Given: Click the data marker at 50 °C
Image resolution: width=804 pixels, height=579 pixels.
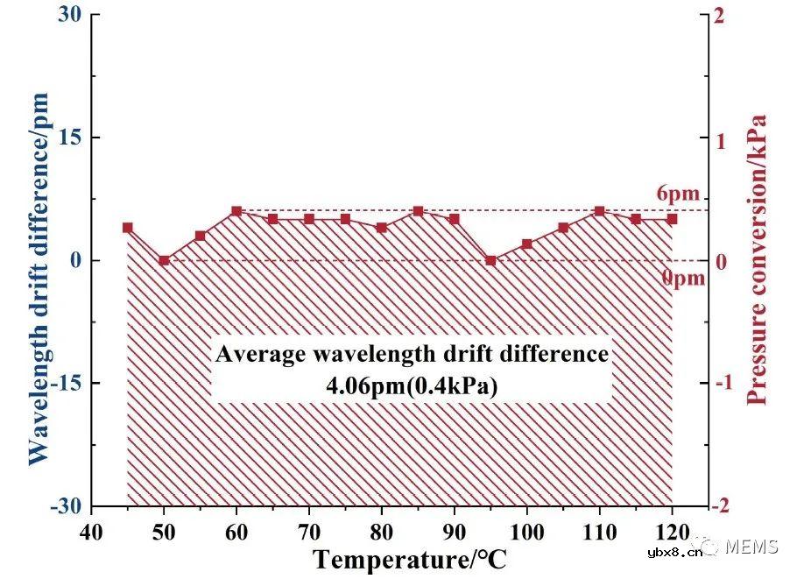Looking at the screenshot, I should tap(164, 260).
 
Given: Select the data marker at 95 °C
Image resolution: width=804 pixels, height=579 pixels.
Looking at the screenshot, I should tap(490, 260).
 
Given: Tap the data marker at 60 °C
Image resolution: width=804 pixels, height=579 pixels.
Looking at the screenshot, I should tap(236, 211).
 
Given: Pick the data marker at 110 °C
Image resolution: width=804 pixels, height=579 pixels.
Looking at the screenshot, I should tap(599, 211).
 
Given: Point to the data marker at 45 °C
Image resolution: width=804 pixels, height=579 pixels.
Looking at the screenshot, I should tap(128, 228).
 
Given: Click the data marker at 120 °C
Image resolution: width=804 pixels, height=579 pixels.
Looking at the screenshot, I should tap(672, 219).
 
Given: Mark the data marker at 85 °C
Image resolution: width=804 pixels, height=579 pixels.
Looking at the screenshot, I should tap(418, 211).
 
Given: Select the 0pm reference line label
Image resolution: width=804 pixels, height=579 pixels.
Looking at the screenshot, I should tap(681, 279).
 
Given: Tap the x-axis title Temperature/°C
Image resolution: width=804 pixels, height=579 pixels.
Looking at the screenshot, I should tap(409, 558).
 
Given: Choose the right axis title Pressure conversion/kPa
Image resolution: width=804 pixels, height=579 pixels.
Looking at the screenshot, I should tap(757, 259).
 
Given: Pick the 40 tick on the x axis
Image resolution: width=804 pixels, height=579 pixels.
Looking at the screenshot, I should tap(91, 532).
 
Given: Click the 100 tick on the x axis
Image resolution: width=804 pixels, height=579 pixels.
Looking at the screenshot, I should tap(526, 532).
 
